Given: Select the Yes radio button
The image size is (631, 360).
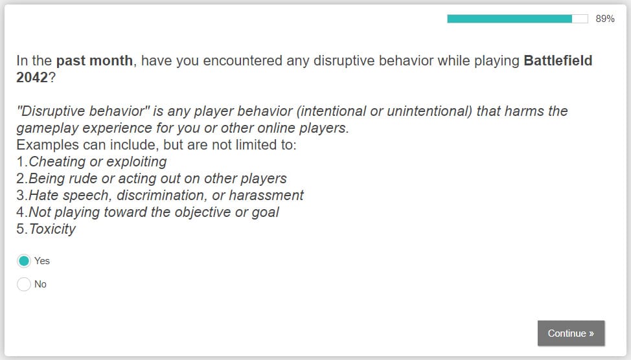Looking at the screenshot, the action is click(x=24, y=261).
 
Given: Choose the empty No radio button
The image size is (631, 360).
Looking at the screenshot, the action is click(x=24, y=284).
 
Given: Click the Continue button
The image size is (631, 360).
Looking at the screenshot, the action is click(x=571, y=333).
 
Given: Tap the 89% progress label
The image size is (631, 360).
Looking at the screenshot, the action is click(x=605, y=19).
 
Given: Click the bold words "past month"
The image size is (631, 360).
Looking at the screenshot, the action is click(x=95, y=61).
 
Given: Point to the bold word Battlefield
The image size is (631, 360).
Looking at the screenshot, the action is click(x=558, y=61).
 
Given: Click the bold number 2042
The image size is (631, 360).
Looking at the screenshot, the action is click(x=32, y=77).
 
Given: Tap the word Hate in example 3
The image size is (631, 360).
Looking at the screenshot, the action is click(x=44, y=196).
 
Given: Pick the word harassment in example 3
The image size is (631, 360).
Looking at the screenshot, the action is click(x=266, y=196).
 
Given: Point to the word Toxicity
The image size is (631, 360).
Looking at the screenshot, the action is click(x=52, y=229).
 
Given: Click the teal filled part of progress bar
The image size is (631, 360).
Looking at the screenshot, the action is click(x=509, y=19).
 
